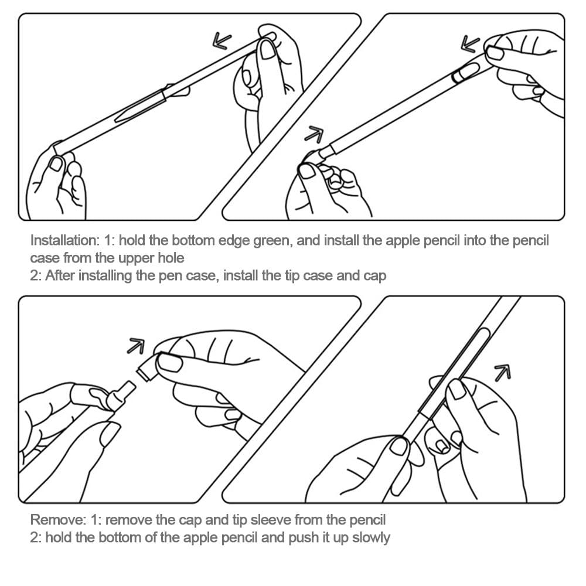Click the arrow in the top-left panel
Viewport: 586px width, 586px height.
pos(222,41)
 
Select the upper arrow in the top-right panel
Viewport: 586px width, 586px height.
pos(470,44)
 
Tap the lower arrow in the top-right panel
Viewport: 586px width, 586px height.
pos(314,134)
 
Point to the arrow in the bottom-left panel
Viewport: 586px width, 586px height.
pos(136,346)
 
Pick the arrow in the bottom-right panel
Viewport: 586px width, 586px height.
pos(503,373)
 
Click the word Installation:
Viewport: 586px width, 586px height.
pos(65,240)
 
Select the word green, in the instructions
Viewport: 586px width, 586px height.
pos(272,241)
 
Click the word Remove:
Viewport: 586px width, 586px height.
pos(58,520)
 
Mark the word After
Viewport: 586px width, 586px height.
pos(60,276)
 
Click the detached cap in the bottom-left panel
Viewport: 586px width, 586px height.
pos(148,367)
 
